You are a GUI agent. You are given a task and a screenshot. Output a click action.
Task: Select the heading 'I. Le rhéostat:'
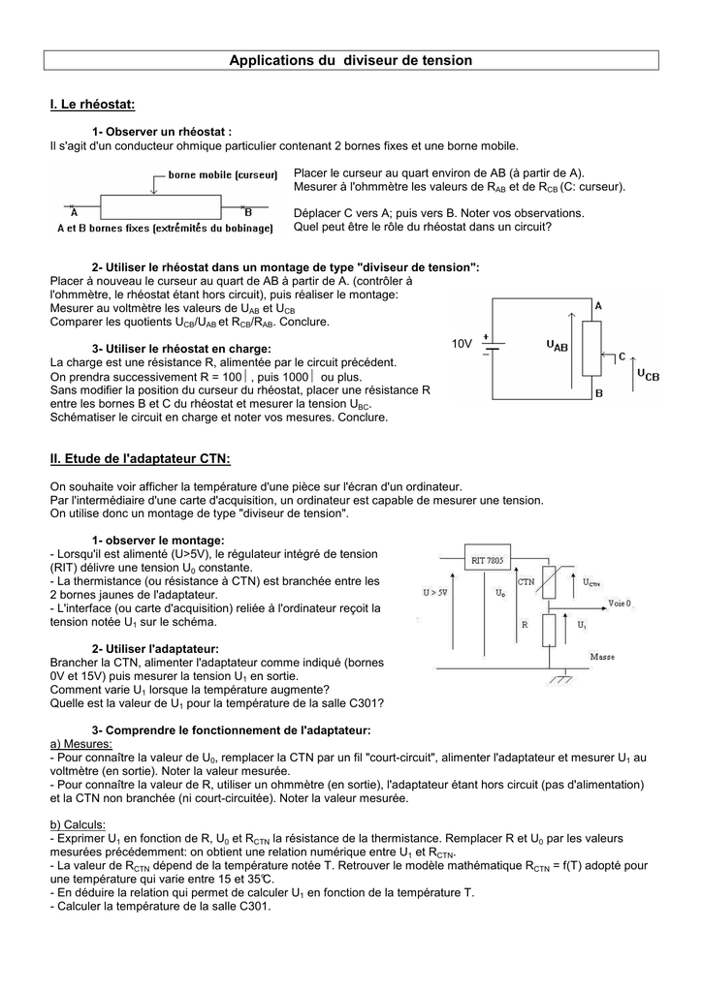point(92,104)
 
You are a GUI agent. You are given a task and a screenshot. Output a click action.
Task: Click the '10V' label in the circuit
point(462,344)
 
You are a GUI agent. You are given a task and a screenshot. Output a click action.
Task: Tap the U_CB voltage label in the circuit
point(647,373)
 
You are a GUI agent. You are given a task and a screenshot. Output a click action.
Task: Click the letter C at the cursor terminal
point(622,356)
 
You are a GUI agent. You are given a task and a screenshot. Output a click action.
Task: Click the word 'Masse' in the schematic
point(603,656)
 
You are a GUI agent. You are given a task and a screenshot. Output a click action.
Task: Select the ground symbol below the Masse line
point(560,680)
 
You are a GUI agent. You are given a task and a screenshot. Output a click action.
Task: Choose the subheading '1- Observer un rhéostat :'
point(162,131)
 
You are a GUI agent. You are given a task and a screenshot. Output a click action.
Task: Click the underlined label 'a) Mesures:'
point(82,743)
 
